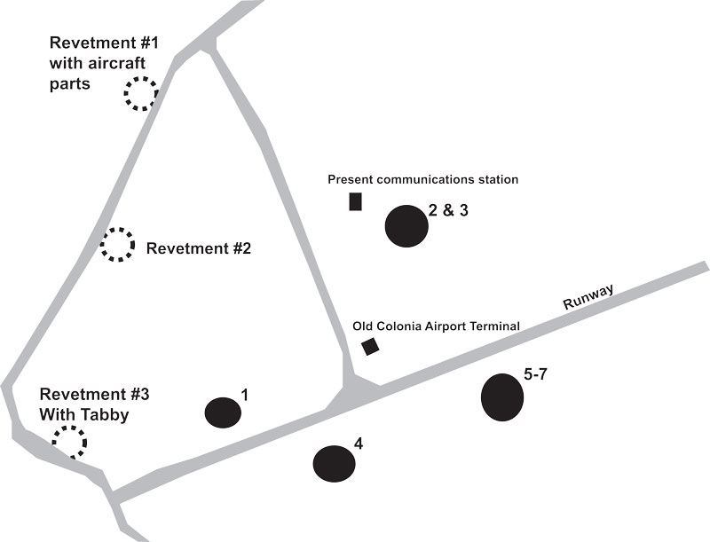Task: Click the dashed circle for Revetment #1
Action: point(139,92)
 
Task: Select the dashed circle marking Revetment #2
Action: point(116,244)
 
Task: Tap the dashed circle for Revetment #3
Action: point(69,440)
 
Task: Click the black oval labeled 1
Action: point(223,412)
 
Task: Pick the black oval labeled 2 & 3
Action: point(406,225)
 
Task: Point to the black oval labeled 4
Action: point(334,462)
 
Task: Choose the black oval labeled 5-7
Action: point(502,397)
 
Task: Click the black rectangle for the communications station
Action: point(355,201)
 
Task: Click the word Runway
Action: point(588,296)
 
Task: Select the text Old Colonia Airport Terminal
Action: point(436,326)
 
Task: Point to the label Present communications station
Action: point(422,179)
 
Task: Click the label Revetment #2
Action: point(199,249)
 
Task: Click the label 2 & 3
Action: point(447,210)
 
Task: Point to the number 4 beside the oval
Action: point(358,442)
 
